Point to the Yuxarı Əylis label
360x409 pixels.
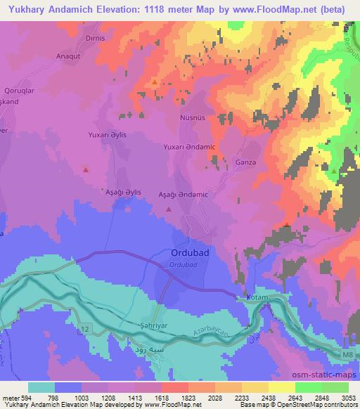tap(108, 134)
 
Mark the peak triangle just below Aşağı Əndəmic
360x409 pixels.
tap(168, 209)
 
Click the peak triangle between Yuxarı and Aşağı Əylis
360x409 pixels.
tap(86, 169)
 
